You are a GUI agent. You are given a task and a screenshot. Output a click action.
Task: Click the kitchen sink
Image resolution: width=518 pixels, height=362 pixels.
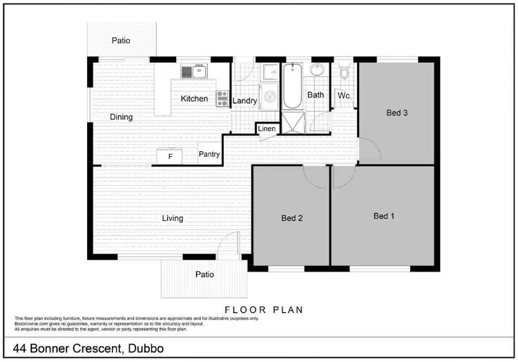(195, 71)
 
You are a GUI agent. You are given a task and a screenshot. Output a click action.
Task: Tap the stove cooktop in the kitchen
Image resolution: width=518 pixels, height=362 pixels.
(222, 99)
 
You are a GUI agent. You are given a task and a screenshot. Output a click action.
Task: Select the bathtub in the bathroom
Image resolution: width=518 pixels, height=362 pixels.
(293, 86)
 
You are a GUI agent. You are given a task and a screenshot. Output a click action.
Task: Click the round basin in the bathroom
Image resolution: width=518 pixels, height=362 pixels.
(318, 70)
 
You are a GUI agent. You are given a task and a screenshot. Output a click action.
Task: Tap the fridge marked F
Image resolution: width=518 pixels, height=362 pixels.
(170, 157)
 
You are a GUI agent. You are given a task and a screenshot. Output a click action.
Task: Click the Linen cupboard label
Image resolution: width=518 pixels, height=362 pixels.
(267, 129)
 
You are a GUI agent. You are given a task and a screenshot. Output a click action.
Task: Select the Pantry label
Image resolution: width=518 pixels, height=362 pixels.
(209, 155)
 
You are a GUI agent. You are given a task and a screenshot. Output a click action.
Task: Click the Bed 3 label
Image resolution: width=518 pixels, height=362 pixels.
(395, 113)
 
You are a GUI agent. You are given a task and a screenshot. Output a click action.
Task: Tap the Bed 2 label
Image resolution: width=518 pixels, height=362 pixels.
(292, 218)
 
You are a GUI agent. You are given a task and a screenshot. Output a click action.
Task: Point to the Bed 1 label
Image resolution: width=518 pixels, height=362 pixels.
(384, 216)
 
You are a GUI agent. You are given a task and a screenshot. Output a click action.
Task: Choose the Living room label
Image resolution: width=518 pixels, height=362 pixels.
(173, 218)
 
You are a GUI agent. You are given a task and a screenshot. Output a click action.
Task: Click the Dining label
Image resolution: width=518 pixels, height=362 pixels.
(121, 117)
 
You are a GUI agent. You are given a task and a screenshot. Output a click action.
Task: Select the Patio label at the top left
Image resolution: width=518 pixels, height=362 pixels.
(121, 41)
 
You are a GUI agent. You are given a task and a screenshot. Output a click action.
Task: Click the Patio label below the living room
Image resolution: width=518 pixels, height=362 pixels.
(204, 274)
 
